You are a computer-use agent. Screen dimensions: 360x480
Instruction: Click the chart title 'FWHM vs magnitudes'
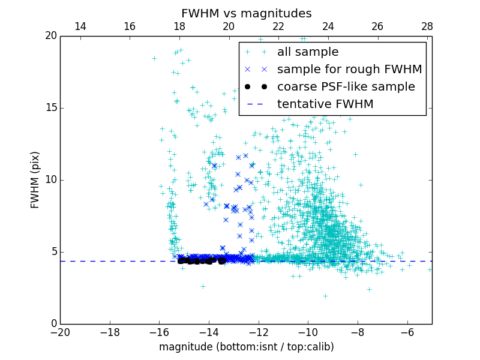[x=246, y=13]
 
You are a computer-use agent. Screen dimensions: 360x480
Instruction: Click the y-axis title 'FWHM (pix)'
[x=35, y=179]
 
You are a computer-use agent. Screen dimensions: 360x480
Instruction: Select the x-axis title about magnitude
[x=246, y=347]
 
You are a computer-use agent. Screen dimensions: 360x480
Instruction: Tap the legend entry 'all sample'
[x=307, y=52]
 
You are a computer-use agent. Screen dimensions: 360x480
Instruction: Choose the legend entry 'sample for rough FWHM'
[x=349, y=70]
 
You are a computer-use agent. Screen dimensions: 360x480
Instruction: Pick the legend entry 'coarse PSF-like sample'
[x=346, y=87]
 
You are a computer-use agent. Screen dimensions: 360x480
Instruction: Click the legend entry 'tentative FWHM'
[x=325, y=104]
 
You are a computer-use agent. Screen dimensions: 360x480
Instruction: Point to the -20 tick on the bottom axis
[x=60, y=332]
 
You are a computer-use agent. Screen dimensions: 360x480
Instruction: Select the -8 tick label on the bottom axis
[x=358, y=332]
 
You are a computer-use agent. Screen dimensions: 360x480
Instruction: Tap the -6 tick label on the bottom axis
[x=407, y=332]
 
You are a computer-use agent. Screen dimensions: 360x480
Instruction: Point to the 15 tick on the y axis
[x=50, y=108]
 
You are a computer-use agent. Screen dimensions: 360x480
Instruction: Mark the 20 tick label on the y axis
[x=50, y=36]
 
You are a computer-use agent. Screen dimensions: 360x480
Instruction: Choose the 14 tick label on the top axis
[x=80, y=26]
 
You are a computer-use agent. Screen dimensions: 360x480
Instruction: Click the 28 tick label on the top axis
[x=427, y=26]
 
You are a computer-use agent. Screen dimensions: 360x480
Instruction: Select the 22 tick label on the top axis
[x=278, y=26]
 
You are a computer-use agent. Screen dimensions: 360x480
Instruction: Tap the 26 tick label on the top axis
[x=377, y=26]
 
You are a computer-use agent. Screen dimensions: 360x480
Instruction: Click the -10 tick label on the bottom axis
[x=308, y=332]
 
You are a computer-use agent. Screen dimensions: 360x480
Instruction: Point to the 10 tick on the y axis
[x=50, y=180]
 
